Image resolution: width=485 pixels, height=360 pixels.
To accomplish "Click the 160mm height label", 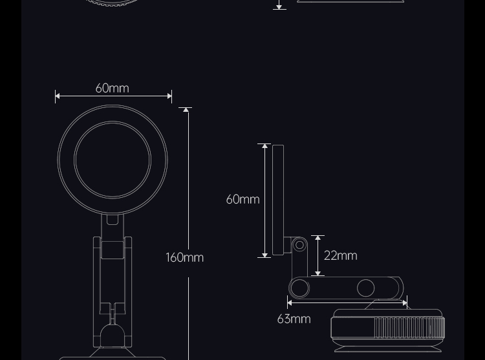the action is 185,257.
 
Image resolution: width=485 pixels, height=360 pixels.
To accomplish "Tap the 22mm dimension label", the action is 341,255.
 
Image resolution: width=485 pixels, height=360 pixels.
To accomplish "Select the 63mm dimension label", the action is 294,319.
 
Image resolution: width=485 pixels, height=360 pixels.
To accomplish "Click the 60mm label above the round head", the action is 113,89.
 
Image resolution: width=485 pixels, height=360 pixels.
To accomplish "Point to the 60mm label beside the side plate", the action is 242,199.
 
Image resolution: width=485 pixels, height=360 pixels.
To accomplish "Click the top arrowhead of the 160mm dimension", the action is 186,110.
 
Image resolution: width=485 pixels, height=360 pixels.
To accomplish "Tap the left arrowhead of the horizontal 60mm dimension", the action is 58,96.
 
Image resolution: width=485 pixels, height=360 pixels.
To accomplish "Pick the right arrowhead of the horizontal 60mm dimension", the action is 169,96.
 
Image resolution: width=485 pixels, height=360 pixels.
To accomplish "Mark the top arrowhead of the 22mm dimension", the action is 318,238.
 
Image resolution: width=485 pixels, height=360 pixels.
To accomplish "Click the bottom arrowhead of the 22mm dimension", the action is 318,273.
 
